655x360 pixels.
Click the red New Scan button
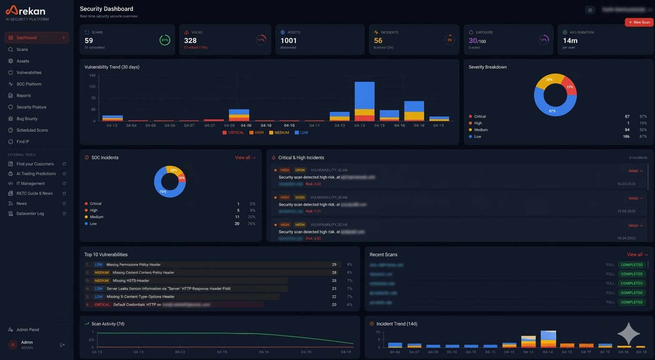coord(639,22)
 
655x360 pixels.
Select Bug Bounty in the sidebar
coord(27,119)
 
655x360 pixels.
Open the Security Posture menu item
coord(31,107)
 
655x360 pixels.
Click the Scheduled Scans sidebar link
coord(32,130)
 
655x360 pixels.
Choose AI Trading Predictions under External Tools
coord(36,173)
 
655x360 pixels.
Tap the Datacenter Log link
coord(30,213)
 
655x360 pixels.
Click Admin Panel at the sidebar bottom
coord(28,330)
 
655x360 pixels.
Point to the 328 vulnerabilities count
coord(190,41)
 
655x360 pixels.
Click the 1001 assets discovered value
coord(288,41)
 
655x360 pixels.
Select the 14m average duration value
coord(570,41)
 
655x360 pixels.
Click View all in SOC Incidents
coord(245,157)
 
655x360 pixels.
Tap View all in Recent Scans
coord(637,255)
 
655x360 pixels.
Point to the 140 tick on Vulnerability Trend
coord(92,75)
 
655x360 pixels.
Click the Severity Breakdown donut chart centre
coord(555,95)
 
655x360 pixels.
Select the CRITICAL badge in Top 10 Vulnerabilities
coord(102,305)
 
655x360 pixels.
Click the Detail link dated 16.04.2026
coord(635,171)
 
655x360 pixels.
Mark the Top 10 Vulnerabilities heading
coord(106,255)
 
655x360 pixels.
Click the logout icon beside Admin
coord(62,345)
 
